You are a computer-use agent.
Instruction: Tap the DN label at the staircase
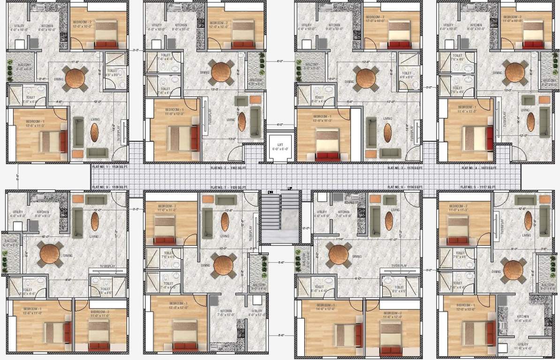(x=271, y=192)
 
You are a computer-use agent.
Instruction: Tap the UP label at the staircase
(x=290, y=189)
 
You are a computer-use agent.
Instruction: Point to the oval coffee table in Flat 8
(x=95, y=221)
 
